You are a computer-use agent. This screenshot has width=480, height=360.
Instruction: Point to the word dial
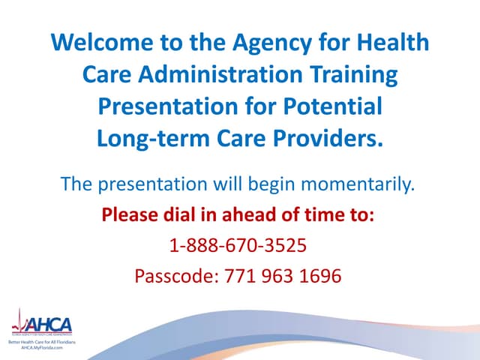click(184, 215)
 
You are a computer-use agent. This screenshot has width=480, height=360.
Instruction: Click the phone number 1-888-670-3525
click(238, 246)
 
